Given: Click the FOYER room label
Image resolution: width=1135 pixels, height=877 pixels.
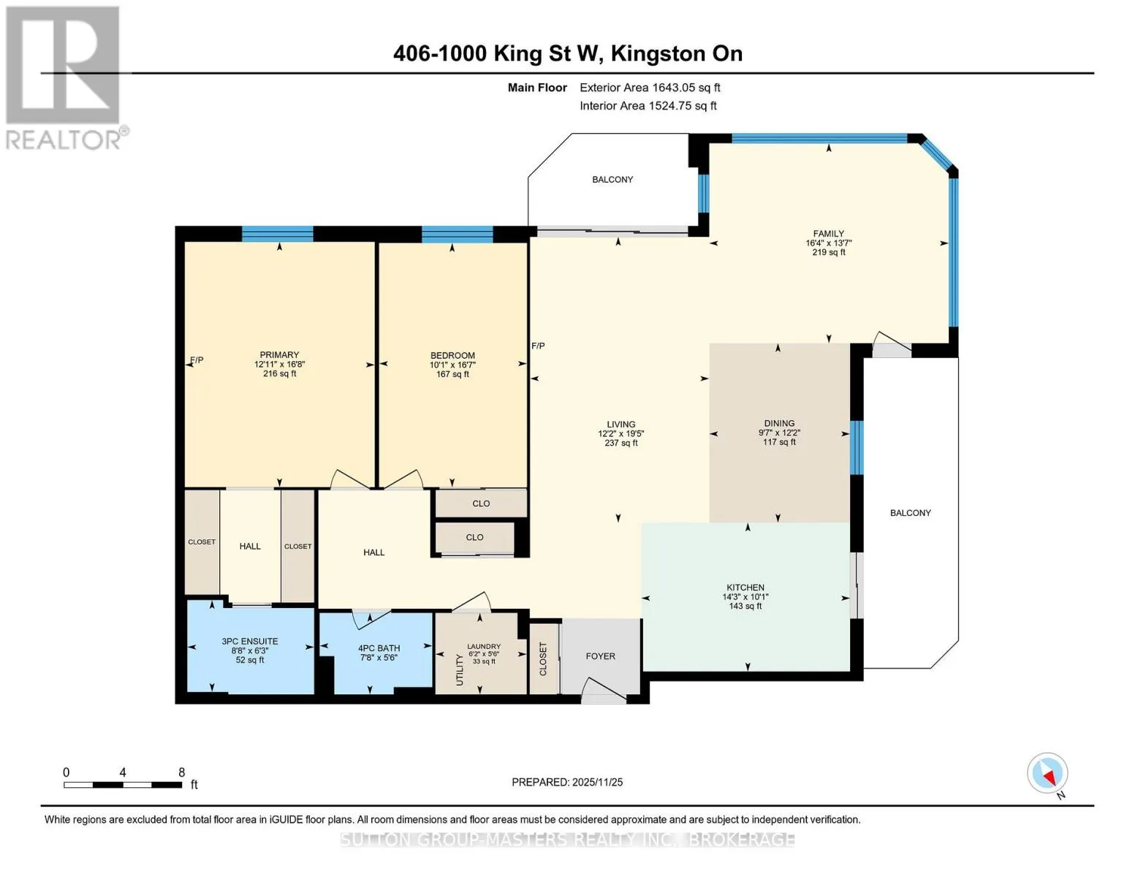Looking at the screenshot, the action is coord(600,656).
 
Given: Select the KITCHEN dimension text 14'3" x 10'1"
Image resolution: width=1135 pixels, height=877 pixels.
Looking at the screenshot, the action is coord(745,597).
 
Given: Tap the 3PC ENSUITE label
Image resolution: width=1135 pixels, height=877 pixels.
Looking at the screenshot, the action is coord(250,642).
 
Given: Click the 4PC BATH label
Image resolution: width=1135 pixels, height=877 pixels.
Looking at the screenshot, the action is coord(379,648).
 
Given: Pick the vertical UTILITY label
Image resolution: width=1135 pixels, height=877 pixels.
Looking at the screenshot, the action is coord(460,669).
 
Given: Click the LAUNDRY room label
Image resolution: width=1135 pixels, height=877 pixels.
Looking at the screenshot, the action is coord(484,647).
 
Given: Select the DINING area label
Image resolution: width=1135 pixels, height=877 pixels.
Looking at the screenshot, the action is coord(779,424).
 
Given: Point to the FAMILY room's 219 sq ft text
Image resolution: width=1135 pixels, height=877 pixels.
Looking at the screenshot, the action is coord(828,252).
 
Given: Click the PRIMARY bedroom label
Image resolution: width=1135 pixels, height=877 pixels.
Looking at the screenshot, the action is coord(279,354).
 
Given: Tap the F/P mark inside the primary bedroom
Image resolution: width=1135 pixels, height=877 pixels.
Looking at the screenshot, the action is coord(197,360).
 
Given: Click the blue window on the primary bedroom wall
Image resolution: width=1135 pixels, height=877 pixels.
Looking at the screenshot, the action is coord(277,233).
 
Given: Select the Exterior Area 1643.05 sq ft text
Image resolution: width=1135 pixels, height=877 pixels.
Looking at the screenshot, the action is coord(650,88).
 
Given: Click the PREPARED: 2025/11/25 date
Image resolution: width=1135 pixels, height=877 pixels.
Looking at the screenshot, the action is coord(567,782).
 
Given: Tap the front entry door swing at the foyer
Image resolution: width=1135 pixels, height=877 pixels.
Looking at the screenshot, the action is coord(604,689).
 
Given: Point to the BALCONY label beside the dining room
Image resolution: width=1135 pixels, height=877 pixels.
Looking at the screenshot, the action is coord(911,513).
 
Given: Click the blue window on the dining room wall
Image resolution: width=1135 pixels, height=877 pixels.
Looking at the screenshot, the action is coord(857,448).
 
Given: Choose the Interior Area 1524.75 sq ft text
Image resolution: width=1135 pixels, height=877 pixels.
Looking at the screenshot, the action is coord(648,106).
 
